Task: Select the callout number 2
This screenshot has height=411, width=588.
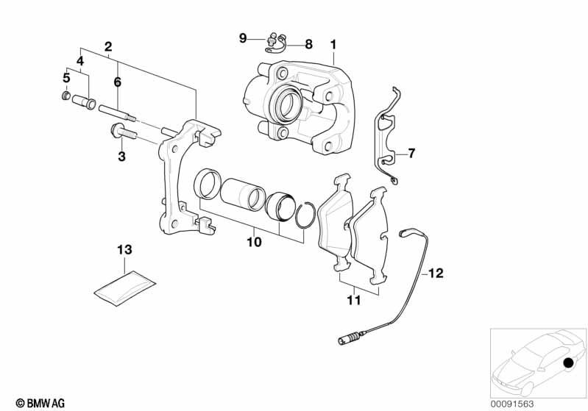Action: tap(108, 46)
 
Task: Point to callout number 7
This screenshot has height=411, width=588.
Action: tap(411, 154)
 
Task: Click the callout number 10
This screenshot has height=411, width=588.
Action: tap(254, 240)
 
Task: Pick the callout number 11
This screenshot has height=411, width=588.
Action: tap(354, 300)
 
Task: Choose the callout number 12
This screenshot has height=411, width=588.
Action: tap(436, 274)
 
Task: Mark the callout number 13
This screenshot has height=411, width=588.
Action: tap(126, 250)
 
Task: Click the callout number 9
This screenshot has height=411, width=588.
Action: tap(243, 37)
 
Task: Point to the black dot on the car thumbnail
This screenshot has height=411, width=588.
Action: tap(567, 364)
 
